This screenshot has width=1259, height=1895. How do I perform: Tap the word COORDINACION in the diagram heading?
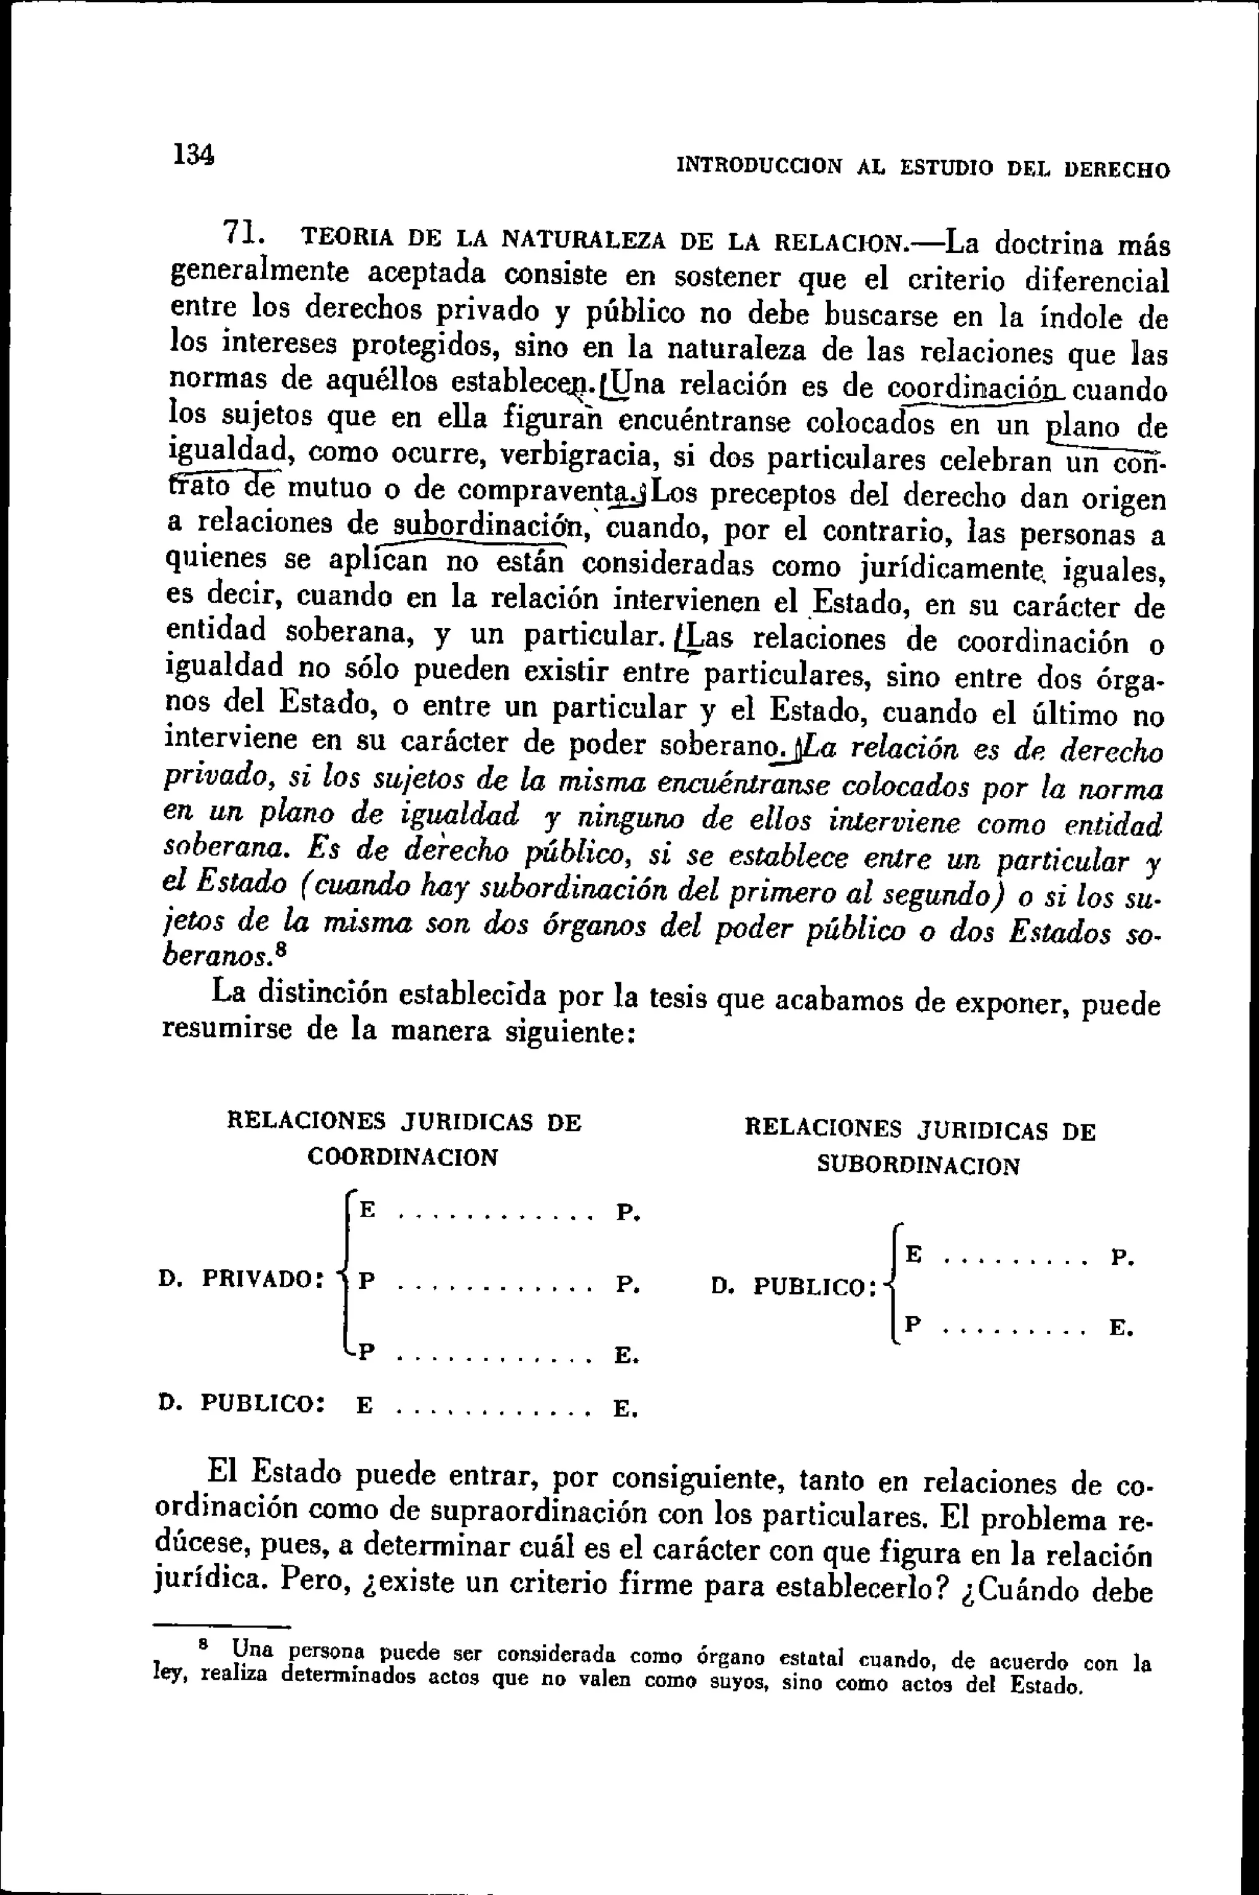tap(403, 1158)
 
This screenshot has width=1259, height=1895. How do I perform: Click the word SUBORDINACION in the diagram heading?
tap(918, 1166)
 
